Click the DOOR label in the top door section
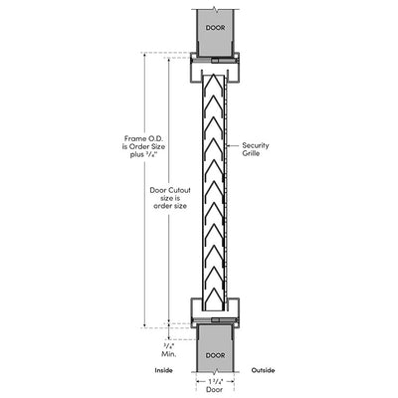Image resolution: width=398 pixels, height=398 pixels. pos(215,28)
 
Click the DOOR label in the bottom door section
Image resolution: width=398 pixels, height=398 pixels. pos(215,355)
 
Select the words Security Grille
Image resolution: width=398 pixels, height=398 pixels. pos(256,149)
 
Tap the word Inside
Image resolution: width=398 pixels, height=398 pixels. pos(163,370)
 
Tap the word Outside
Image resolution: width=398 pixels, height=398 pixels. pos(263,370)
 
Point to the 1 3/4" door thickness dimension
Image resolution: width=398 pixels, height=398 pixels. pos(215,381)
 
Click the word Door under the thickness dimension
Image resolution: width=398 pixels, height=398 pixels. pos(215,389)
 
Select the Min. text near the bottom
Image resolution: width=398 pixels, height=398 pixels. pos(169,354)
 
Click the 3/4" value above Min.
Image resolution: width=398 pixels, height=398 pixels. pos(169,345)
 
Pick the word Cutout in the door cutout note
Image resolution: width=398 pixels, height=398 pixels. pos(179,190)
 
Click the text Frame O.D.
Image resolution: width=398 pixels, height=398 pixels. pos(144,138)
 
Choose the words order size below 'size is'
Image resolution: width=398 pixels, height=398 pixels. pos(170,206)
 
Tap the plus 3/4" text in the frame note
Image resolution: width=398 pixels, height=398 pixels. pos(143,154)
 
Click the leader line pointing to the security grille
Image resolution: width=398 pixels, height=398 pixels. pos(232,145)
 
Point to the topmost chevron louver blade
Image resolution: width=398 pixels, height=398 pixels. pos(214,82)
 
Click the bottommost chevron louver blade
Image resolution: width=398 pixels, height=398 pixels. pos(214,296)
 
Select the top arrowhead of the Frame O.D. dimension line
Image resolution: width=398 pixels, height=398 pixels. pos(144,55)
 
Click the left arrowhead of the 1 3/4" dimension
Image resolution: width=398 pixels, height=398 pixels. pos(198,381)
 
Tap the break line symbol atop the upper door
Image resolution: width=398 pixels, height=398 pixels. pos(216,9)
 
